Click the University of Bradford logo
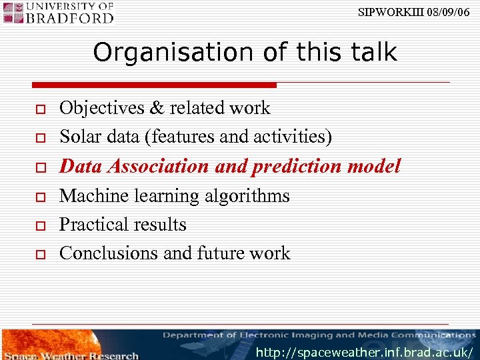click(59, 12)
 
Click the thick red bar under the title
click(154, 85)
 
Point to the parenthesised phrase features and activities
click(241, 137)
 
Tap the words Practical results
click(123, 225)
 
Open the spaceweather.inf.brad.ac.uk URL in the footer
click(365, 351)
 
